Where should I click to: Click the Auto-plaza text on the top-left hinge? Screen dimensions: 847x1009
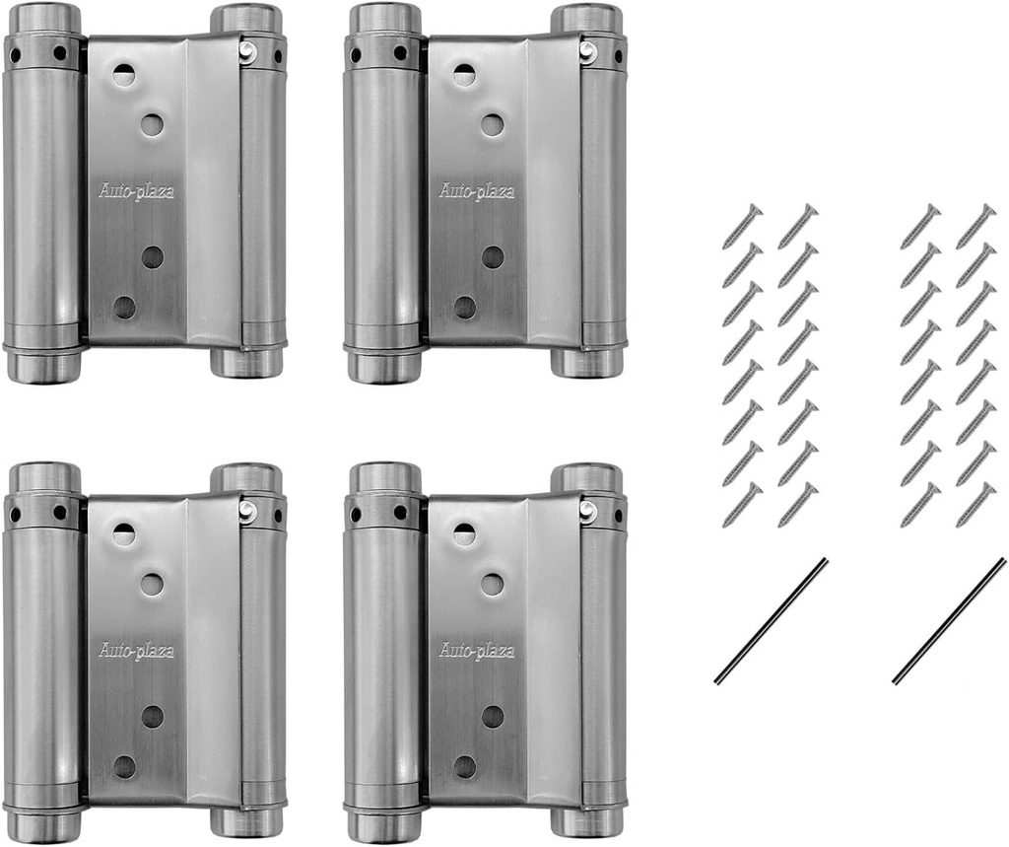click(136, 191)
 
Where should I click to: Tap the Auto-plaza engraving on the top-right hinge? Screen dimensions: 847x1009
click(477, 191)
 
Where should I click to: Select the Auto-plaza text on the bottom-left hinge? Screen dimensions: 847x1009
click(136, 651)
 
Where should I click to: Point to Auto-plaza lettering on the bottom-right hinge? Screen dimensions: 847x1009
click(477, 651)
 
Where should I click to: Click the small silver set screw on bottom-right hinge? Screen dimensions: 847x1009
click(587, 511)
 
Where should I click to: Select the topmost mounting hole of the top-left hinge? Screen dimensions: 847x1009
click(123, 72)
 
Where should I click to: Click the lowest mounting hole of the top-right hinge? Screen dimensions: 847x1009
click(465, 307)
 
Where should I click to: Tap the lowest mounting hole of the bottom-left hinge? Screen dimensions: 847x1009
click(124, 766)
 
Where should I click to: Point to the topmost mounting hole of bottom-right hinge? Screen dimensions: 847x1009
click(464, 534)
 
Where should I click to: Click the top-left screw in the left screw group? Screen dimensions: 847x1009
click(742, 226)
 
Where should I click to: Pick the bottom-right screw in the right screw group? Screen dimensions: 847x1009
click(975, 505)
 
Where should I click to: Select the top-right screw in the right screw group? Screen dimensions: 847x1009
click(975, 226)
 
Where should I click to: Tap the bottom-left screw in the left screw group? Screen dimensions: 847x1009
click(742, 505)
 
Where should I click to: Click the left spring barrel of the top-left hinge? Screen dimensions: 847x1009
click(44, 197)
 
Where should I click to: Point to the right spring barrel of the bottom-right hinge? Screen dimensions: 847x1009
click(602, 656)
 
